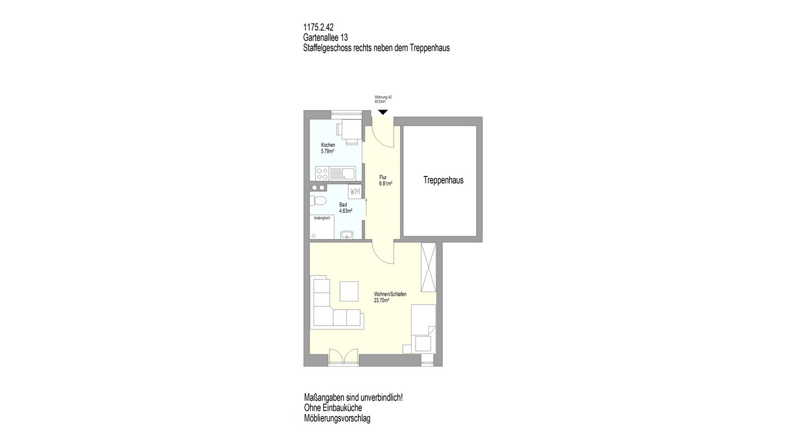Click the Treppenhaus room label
[x=443, y=180]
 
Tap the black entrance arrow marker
[x=383, y=112]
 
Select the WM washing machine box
[x=355, y=192]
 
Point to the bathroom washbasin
[x=347, y=235]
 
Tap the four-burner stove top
[x=77, y=173]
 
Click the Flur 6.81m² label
[x=386, y=180]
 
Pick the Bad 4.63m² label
[x=346, y=208]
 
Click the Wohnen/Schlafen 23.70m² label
[x=390, y=297]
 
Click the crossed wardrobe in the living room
[x=428, y=267]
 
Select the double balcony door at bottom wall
[x=98, y=357]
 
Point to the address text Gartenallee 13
[x=326, y=37]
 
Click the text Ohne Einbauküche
[x=333, y=408]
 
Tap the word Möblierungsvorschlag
[x=337, y=418]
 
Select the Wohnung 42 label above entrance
[x=383, y=97]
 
